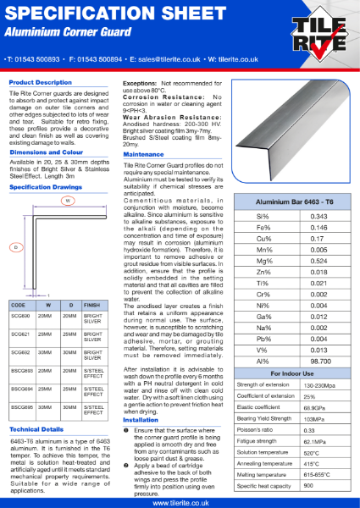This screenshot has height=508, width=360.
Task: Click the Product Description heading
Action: (x=41, y=82)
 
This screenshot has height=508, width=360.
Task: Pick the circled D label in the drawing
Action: (x=15, y=247)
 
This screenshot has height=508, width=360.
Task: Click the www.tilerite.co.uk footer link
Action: (x=180, y=502)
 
